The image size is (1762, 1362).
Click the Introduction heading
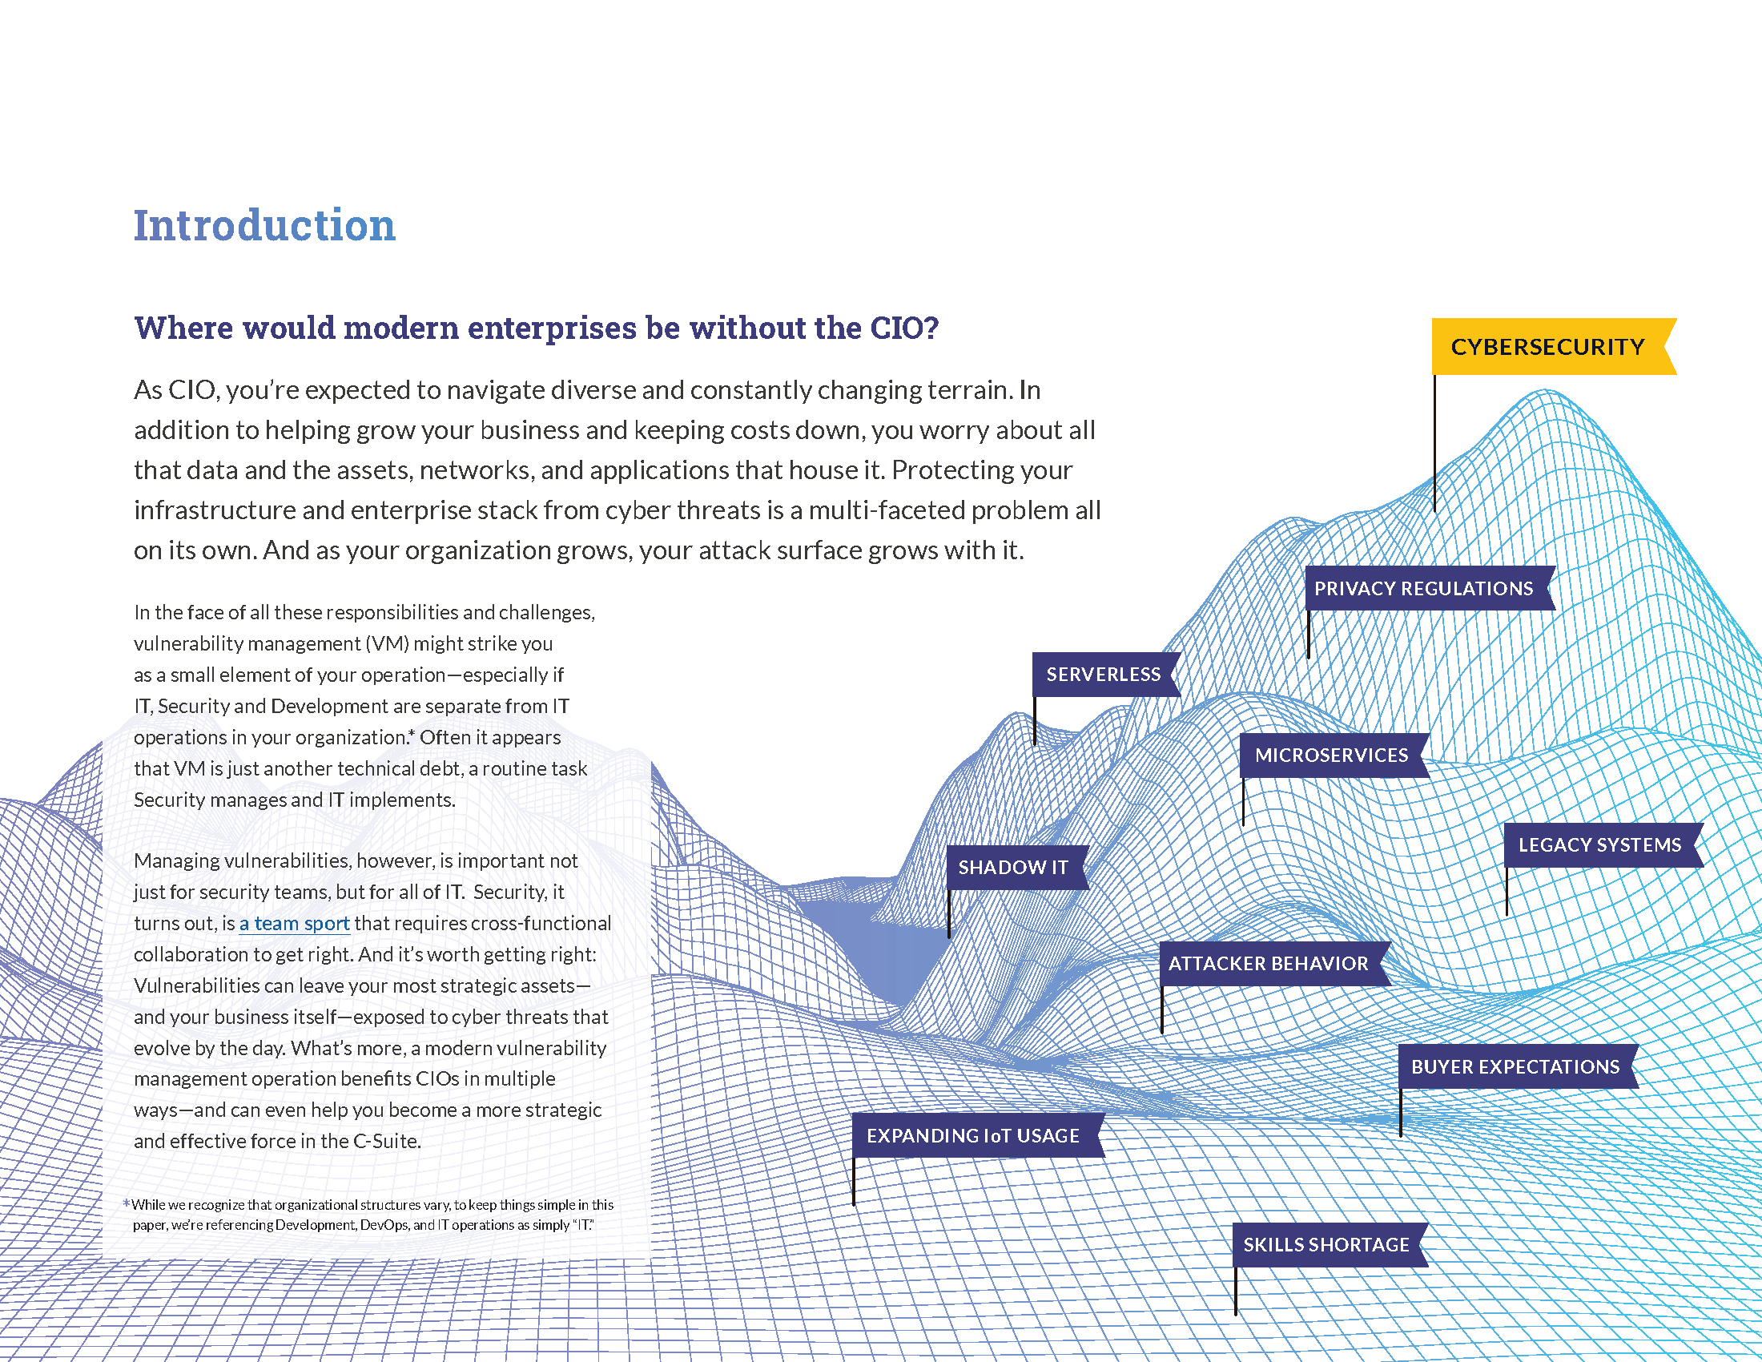(264, 225)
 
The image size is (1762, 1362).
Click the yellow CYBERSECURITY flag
(1547, 347)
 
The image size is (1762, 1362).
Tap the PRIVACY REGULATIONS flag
(1424, 588)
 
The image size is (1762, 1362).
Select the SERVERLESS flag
(1103, 675)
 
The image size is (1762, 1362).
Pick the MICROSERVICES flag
(1331, 756)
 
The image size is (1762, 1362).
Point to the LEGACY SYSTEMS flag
(1600, 844)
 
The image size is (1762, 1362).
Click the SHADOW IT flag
(1013, 868)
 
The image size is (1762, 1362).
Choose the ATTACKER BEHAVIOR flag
(1269, 963)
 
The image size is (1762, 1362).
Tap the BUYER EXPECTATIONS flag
(1515, 1066)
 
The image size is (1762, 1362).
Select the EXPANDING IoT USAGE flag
(973, 1135)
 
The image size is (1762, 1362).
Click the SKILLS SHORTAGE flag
(1326, 1245)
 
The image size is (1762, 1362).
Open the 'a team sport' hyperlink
(295, 923)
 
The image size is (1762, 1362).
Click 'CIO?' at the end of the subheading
(904, 328)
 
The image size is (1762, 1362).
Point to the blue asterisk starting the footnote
(127, 1204)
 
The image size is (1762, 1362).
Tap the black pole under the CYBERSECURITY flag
(1434, 444)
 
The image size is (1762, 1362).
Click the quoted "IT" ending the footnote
(582, 1225)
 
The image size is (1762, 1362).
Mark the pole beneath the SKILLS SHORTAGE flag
(1235, 1291)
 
